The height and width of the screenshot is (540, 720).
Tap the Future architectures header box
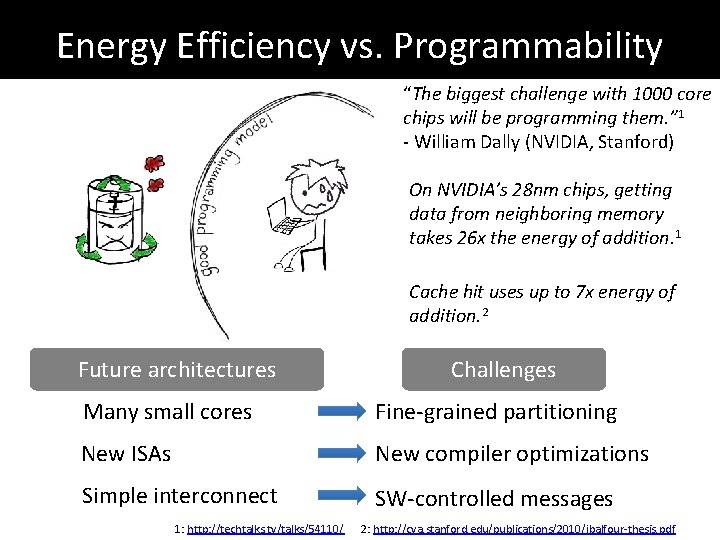[177, 369]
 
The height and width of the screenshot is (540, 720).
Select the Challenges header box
[503, 369]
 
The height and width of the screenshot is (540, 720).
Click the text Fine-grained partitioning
[496, 411]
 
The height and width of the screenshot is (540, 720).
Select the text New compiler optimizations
[512, 453]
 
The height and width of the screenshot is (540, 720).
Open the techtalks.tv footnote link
[265, 528]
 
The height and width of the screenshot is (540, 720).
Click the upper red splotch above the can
[153, 162]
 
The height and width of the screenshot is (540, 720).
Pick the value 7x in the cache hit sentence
[589, 292]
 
